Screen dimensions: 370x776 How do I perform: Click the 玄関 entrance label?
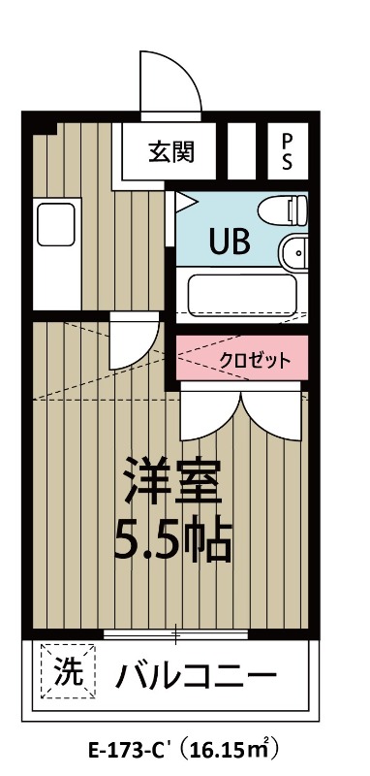click(171, 152)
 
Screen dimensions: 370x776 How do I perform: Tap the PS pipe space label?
click(287, 151)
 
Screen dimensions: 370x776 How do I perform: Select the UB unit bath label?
click(230, 242)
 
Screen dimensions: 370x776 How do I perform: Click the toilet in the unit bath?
click(283, 210)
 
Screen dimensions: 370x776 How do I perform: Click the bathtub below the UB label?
click(242, 295)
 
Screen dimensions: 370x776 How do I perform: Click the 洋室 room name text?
click(171, 480)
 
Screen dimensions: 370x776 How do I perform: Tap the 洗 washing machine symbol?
click(68, 670)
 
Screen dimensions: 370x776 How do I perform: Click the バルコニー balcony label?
click(195, 674)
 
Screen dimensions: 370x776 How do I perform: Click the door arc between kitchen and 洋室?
click(147, 354)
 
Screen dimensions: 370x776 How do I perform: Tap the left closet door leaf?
click(210, 415)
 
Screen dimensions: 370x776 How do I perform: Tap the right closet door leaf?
click(271, 415)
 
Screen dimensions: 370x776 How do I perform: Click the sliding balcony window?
click(176, 635)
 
